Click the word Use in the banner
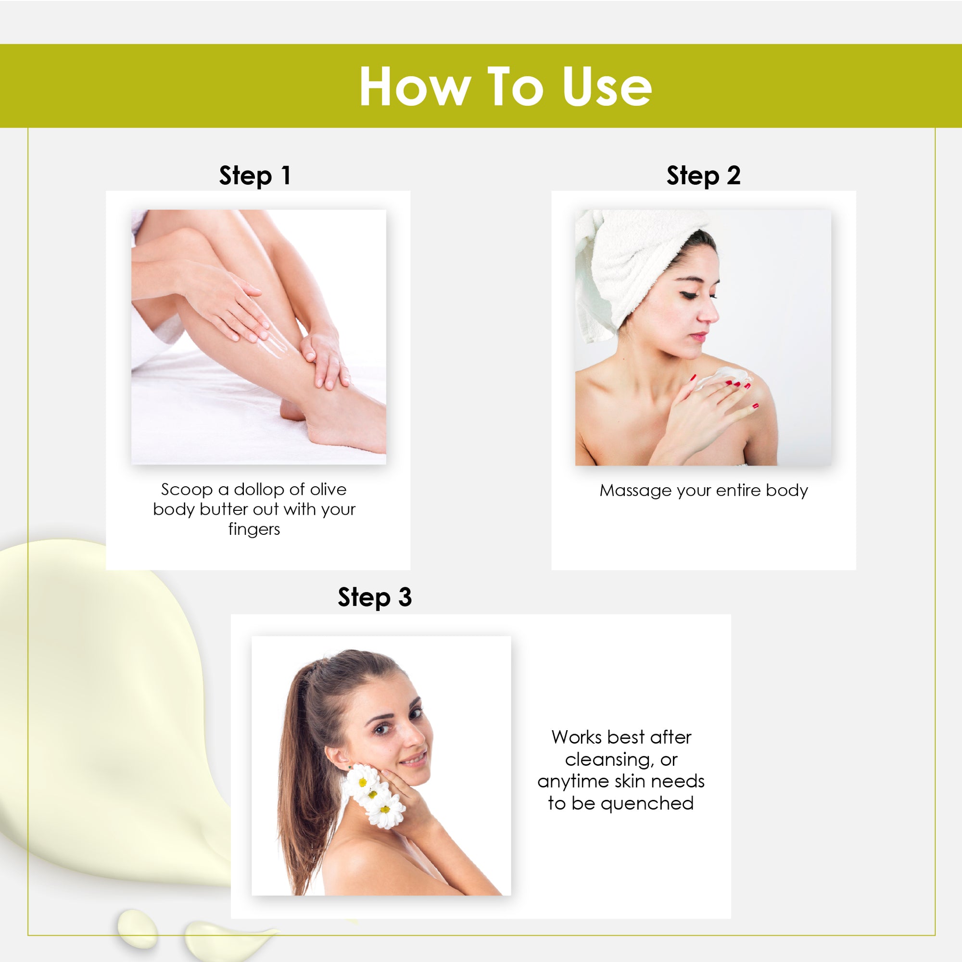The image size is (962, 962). coord(607,87)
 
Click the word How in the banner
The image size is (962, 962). coord(415,87)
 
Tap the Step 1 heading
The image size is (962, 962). coord(255,176)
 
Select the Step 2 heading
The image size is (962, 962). coord(703,176)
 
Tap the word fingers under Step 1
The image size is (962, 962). coord(254,529)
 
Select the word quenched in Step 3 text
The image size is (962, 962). coord(647,804)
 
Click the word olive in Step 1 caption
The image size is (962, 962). coord(328,490)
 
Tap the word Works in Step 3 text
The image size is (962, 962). coord(577,737)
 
